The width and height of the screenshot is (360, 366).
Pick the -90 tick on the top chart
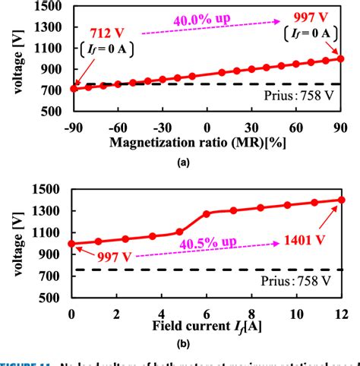pyautogui.click(x=73, y=127)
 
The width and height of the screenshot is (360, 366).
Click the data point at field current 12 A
pyautogui.click(x=340, y=200)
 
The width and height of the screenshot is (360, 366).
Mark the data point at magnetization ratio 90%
pyautogui.click(x=340, y=58)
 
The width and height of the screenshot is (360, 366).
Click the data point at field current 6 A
pyautogui.click(x=206, y=215)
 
